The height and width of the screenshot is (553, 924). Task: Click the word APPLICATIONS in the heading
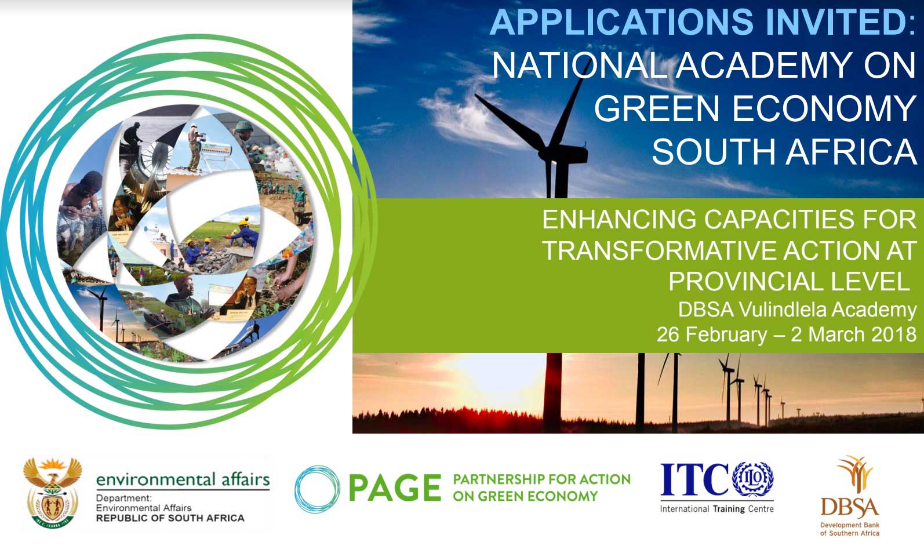(x=621, y=22)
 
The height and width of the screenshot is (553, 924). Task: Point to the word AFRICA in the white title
(x=852, y=151)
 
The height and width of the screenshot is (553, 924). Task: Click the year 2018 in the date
(x=894, y=334)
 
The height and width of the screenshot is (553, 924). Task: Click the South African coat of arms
(x=52, y=492)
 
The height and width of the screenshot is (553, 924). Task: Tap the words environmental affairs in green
(x=183, y=479)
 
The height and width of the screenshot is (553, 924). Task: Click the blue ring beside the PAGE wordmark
(x=317, y=489)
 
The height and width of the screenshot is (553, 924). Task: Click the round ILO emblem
(x=753, y=479)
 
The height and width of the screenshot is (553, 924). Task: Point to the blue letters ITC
(x=695, y=479)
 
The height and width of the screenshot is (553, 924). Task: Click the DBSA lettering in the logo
(x=850, y=508)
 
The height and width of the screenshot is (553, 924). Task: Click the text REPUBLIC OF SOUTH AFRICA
(x=170, y=518)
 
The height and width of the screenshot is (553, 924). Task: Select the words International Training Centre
(x=717, y=509)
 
